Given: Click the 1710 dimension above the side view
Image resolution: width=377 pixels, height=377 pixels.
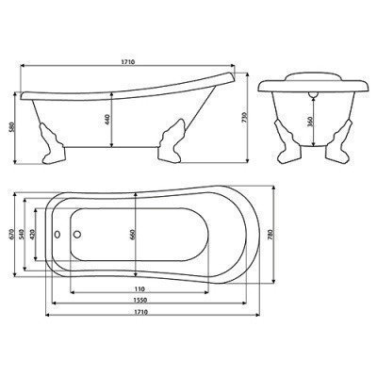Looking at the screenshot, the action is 128,62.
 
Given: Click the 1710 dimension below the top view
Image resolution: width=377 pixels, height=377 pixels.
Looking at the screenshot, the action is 141,312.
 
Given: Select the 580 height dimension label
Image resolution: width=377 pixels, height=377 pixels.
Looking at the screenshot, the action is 11,129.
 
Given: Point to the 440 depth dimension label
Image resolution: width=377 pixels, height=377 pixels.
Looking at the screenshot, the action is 107,120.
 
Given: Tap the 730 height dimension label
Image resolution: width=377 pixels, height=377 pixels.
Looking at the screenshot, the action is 245,117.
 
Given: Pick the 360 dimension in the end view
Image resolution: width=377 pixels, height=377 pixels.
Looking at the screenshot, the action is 309,122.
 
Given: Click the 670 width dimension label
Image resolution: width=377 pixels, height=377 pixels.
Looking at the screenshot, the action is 11,235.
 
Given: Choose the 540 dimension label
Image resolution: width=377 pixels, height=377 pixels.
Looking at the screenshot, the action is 22,235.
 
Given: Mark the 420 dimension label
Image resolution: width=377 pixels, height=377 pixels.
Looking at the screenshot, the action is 33,235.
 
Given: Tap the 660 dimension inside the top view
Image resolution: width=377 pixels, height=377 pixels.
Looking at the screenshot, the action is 132,235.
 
